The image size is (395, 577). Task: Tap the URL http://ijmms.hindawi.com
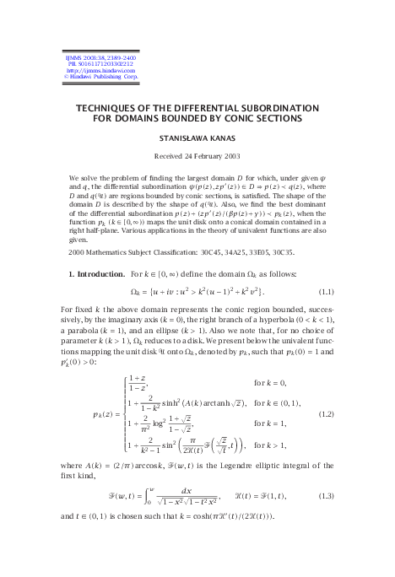pyautogui.click(x=92, y=70)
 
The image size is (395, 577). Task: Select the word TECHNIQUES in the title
pyautogui.click(x=117, y=108)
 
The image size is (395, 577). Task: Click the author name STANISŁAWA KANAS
pyautogui.click(x=197, y=137)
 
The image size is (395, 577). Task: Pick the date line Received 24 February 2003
pyautogui.click(x=197, y=156)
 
